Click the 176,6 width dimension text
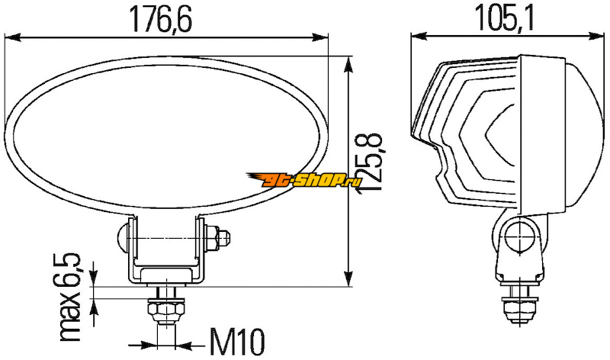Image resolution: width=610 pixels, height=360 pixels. (161, 18)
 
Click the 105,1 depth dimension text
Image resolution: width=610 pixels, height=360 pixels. (505, 18)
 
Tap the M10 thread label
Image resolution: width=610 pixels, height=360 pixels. (237, 342)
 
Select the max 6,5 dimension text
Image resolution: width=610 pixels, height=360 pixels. (69, 297)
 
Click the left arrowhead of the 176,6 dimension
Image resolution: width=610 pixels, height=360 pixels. (12, 37)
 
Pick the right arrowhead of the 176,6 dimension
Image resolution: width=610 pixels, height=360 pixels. (321, 37)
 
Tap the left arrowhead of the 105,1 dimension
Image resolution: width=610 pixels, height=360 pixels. (419, 36)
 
